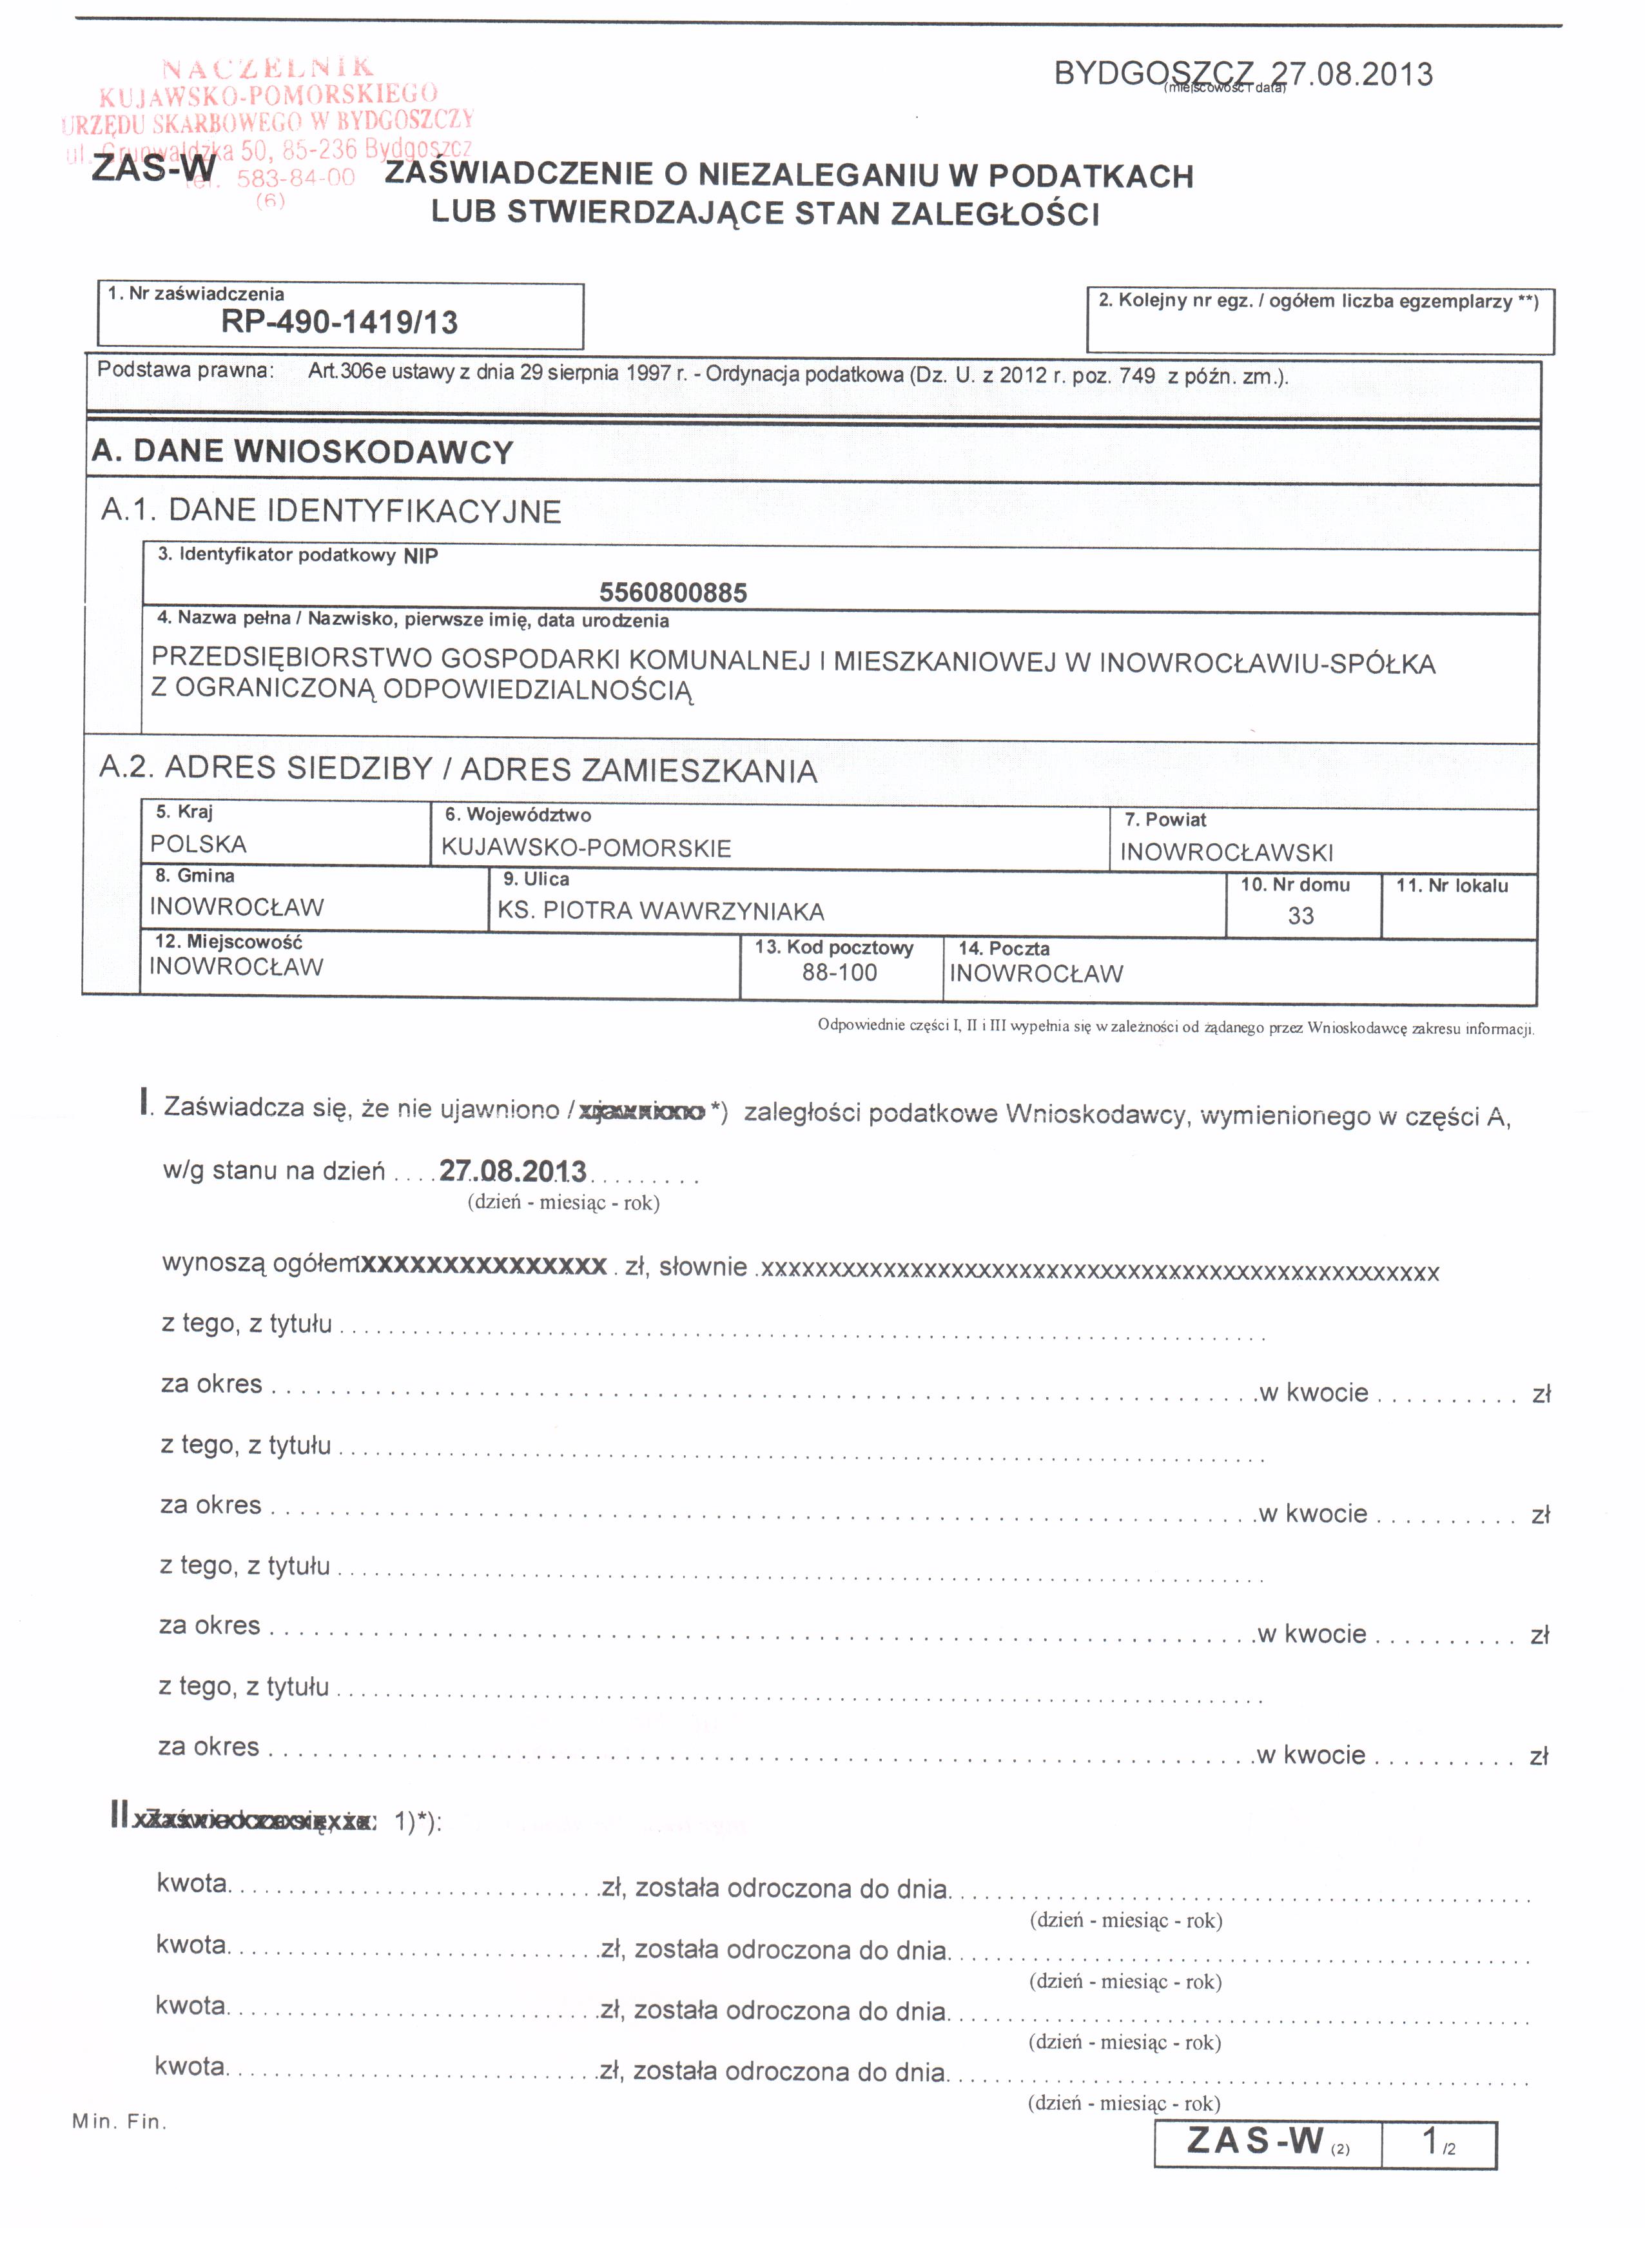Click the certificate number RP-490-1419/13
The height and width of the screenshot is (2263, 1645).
click(x=339, y=322)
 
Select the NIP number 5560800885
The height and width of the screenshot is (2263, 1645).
click(x=672, y=593)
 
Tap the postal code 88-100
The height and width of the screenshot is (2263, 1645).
click(x=839, y=973)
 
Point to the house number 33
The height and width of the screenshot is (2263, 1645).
click(x=1300, y=916)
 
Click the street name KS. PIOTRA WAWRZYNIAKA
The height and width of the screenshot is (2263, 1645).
click(x=661, y=911)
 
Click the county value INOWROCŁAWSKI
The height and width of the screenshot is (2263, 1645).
click(x=1226, y=852)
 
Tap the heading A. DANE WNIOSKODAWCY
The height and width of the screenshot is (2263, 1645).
click(x=302, y=451)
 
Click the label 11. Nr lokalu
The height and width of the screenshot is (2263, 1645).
click(x=1452, y=885)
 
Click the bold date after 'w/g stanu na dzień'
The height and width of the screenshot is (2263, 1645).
click(x=512, y=1170)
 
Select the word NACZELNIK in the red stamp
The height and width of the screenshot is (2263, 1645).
click(x=268, y=68)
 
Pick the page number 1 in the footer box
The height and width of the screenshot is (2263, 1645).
click(x=1430, y=2141)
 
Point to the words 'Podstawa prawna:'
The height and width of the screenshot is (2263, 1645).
click(x=184, y=370)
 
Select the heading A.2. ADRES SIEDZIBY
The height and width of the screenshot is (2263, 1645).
click(x=457, y=769)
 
